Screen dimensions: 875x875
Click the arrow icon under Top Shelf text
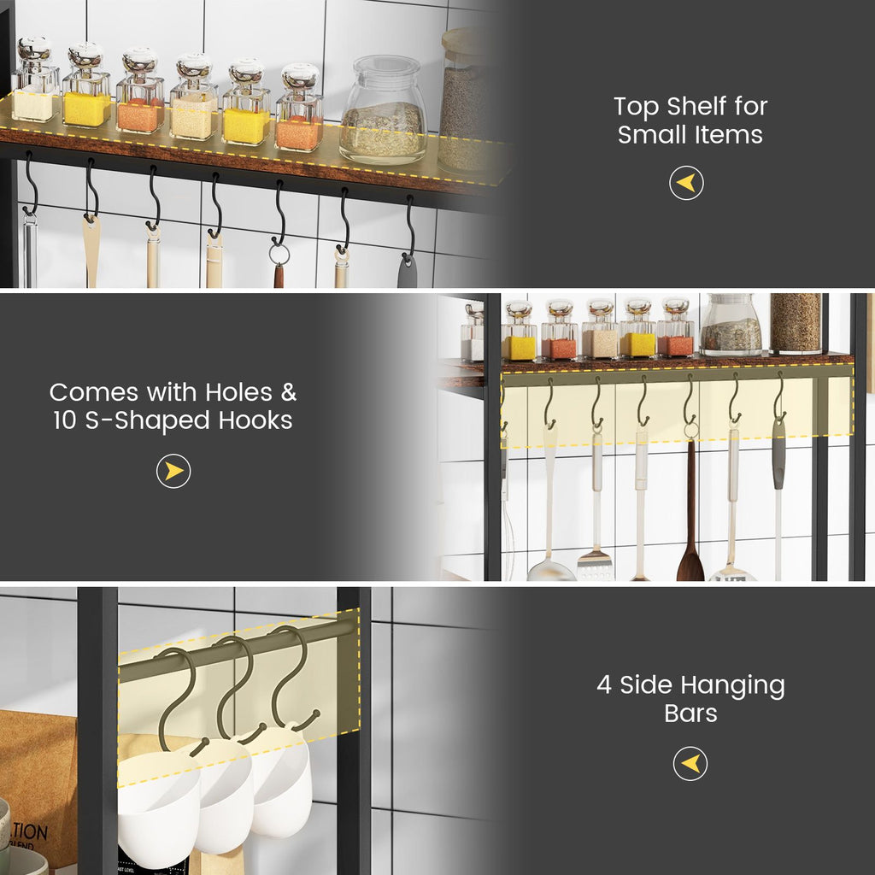[x=686, y=183]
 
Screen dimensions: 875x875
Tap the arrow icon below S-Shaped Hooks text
[x=173, y=471]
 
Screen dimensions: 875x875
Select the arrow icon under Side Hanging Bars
[x=690, y=763]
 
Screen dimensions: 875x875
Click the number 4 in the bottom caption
[x=604, y=685]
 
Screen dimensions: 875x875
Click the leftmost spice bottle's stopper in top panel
[x=34, y=51]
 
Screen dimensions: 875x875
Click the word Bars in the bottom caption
[x=690, y=713]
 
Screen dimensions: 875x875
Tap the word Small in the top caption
[x=652, y=134]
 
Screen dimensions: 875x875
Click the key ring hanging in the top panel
[x=279, y=254]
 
